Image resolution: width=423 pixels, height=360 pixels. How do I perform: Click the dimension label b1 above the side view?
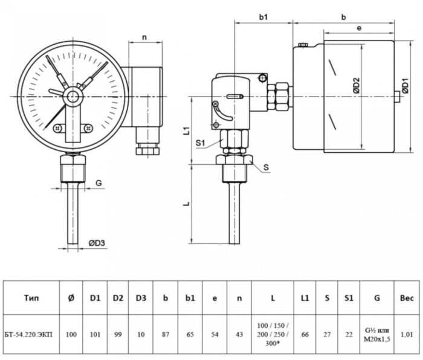tap(263, 18)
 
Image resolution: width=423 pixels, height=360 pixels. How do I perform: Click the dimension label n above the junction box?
tap(144, 37)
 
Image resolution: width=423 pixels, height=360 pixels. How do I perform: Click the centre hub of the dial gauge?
tap(73, 95)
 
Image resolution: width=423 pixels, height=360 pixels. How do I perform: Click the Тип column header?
tap(33, 297)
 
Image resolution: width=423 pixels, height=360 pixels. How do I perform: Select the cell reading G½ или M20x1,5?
tap(376, 331)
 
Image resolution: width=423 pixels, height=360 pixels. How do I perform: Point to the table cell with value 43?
tap(240, 331)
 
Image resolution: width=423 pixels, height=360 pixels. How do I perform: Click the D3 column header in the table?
tap(141, 297)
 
